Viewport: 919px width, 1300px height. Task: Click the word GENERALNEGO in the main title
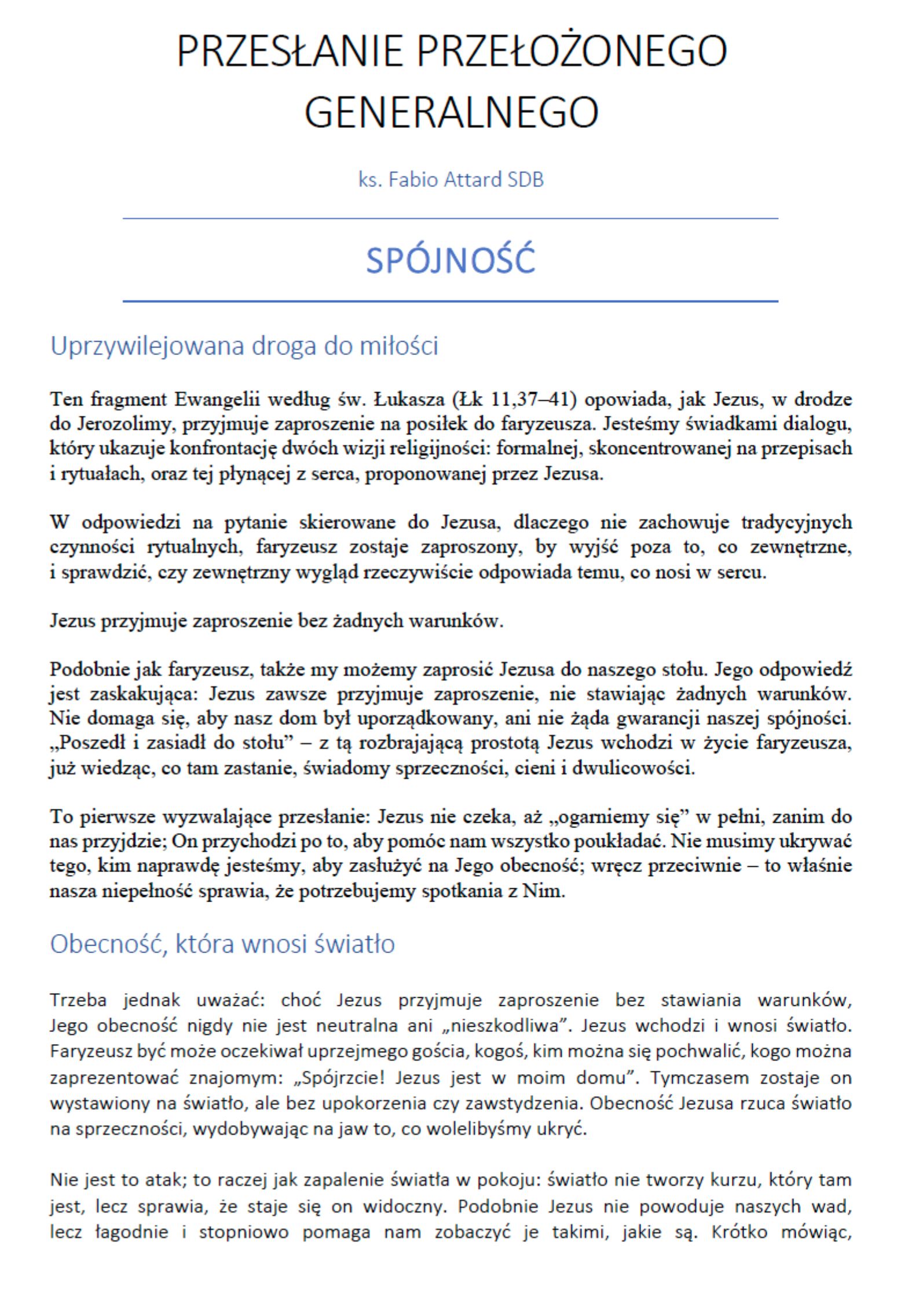click(x=451, y=112)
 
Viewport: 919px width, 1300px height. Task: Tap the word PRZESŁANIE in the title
click(x=289, y=52)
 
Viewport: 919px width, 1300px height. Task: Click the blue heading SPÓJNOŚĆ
click(x=451, y=260)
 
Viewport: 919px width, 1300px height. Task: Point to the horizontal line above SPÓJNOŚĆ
click(x=451, y=219)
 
